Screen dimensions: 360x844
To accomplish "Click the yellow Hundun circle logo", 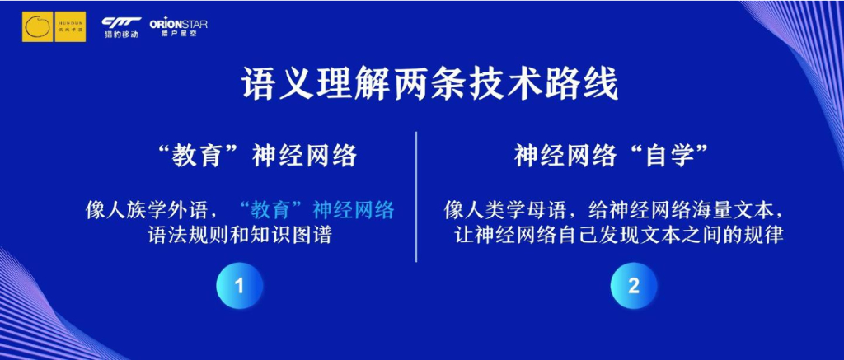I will [38, 28].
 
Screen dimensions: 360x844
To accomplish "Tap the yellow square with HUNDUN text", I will [70, 28].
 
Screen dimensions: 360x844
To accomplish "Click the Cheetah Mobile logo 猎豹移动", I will [121, 27].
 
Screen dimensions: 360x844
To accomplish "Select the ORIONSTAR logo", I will [178, 26].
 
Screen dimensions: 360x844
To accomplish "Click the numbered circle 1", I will [239, 286].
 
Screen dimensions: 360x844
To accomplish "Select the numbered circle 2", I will [634, 286].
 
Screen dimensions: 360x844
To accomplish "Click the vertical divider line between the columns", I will [416, 197].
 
